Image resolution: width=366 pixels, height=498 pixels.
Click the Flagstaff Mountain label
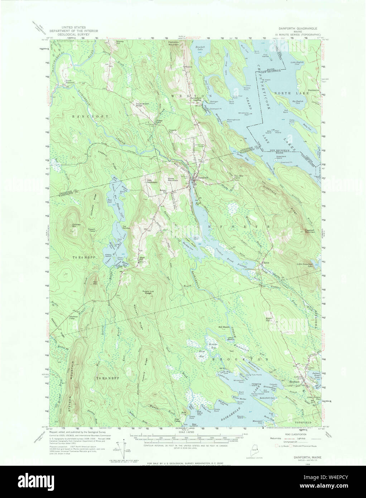[x=307, y=231]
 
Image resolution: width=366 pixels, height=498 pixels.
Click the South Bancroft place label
[x=70, y=82]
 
